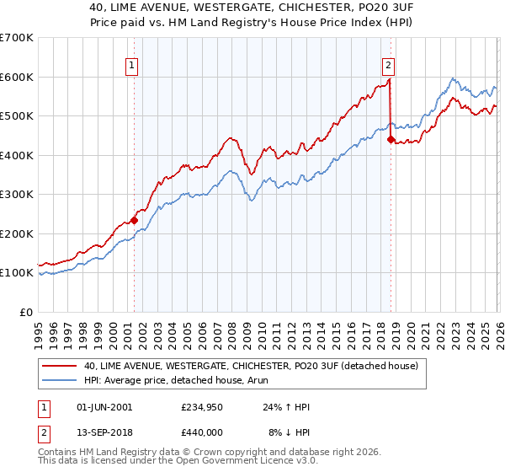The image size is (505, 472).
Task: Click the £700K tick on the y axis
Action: point(17,38)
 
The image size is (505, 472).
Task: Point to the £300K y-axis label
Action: point(17,195)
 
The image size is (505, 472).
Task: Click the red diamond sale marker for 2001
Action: point(134,221)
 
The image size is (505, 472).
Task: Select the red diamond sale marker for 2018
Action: point(391,140)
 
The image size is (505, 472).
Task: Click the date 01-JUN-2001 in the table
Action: point(104,407)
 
